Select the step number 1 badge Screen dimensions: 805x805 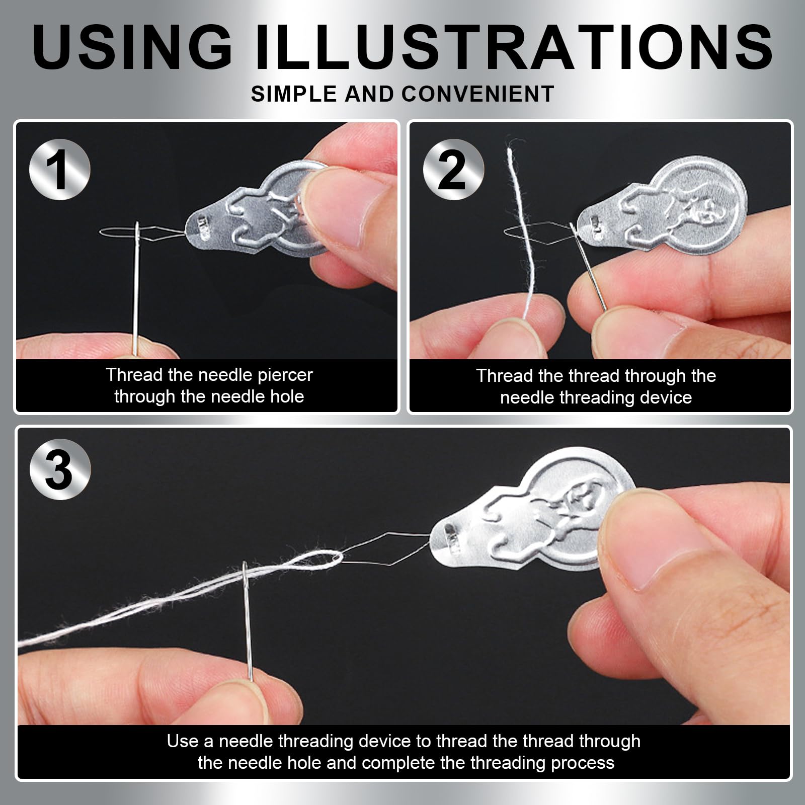(60, 170)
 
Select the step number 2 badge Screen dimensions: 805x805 (453, 170)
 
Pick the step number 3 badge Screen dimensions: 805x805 (60, 469)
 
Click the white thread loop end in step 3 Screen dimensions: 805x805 (335, 557)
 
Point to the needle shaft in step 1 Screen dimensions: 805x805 (136, 282)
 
